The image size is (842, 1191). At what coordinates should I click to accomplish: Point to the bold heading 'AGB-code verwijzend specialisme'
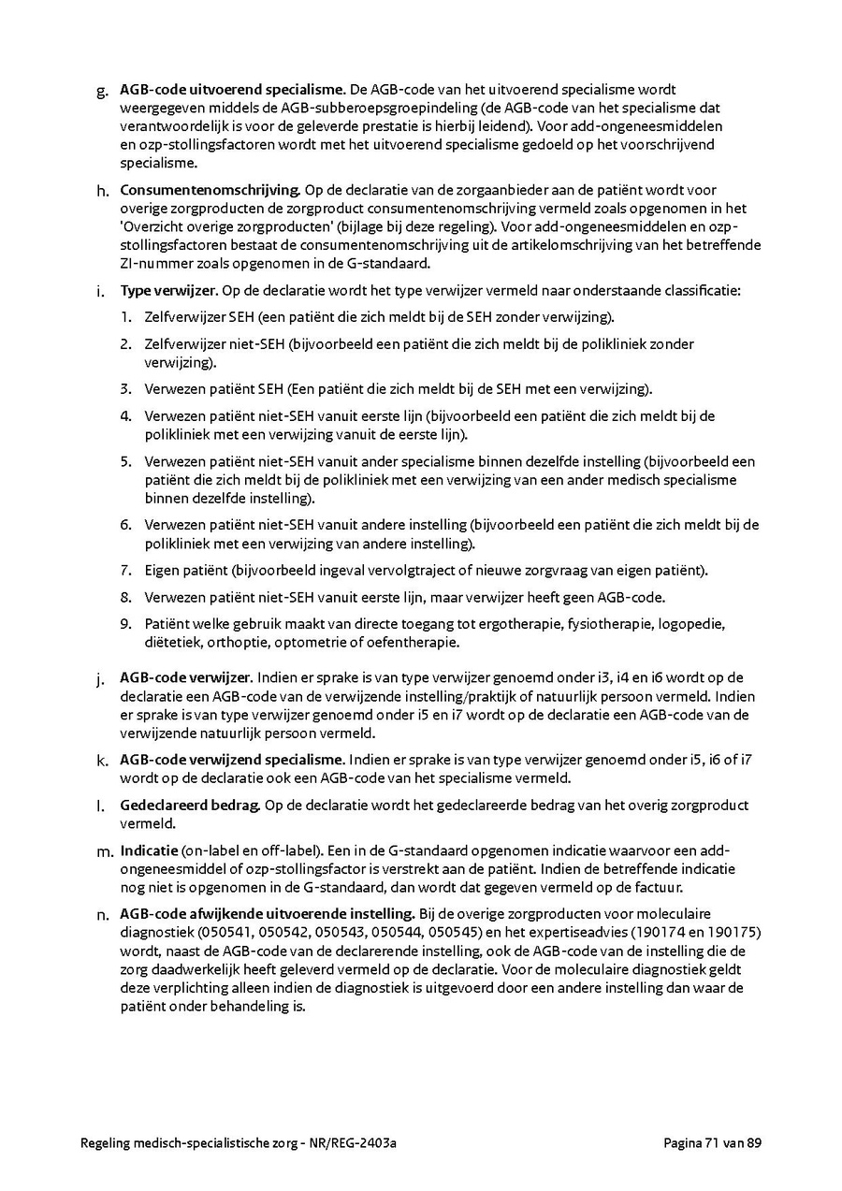233,759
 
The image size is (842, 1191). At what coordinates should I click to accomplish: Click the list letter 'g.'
102,91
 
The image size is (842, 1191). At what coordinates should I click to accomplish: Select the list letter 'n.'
103,914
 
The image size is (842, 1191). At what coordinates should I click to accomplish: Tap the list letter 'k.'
102,760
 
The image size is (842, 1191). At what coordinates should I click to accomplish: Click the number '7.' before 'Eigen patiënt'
125,571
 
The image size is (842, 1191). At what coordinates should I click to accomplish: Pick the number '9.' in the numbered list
125,624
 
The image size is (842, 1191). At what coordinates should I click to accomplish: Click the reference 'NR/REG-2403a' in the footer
364,1142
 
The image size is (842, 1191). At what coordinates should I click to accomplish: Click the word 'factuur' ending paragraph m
661,887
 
